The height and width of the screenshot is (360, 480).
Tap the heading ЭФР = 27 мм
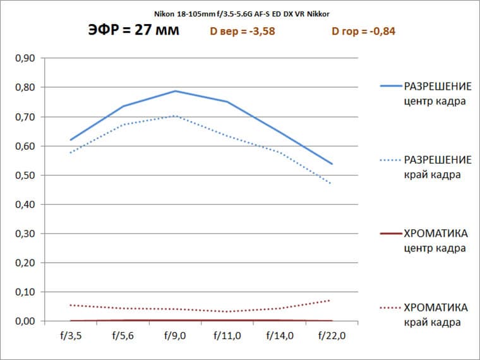(x=134, y=31)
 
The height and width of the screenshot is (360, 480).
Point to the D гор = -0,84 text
(x=363, y=32)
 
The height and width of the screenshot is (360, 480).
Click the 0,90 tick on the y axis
(x=25, y=59)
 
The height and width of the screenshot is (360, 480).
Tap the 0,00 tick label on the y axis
(x=25, y=321)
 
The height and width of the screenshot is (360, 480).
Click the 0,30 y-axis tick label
(x=25, y=234)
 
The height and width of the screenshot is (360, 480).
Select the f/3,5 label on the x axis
(x=69, y=336)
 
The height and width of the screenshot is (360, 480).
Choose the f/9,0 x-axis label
(x=174, y=336)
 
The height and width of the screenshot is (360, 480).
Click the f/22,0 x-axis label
(x=330, y=336)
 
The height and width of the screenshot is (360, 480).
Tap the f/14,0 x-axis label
(x=279, y=336)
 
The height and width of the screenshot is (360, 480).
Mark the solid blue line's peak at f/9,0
(x=175, y=91)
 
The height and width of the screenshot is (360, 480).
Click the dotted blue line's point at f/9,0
(x=175, y=116)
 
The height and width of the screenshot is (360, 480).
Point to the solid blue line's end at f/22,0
(x=332, y=164)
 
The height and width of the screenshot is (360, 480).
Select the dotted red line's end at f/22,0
(x=330, y=300)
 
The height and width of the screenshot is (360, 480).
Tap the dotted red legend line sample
(x=390, y=308)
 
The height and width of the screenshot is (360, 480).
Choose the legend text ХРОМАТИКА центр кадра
(x=436, y=241)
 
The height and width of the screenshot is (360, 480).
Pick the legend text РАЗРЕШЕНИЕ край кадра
(x=436, y=166)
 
